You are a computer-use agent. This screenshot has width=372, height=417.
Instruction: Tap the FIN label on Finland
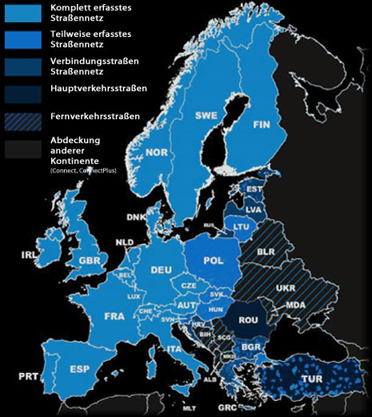(x=263, y=125)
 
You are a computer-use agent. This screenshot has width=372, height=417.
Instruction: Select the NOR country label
(x=157, y=153)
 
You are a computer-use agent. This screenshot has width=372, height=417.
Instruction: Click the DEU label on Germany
(x=162, y=269)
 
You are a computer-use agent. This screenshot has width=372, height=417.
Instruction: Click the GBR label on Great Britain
(x=88, y=260)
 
